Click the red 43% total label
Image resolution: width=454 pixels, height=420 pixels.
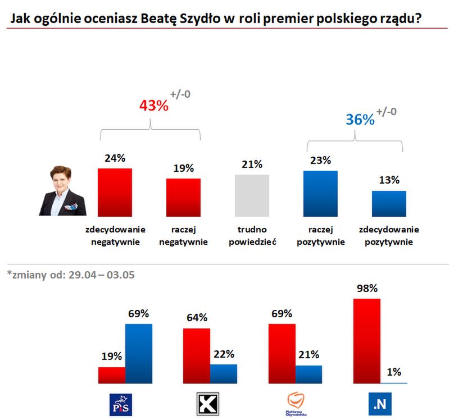click(x=153, y=105)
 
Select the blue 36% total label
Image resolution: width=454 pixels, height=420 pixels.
click(x=360, y=120)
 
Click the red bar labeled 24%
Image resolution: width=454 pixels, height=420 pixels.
click(x=115, y=191)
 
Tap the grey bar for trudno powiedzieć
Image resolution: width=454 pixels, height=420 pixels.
click(x=252, y=195)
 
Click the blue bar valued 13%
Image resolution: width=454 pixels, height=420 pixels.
click(x=389, y=203)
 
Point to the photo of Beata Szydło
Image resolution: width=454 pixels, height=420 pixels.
click(x=63, y=191)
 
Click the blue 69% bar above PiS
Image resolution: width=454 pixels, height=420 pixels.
click(x=138, y=354)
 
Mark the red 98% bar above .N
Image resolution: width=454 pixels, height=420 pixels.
click(x=366, y=341)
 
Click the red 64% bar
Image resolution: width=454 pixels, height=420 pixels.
click(x=197, y=355)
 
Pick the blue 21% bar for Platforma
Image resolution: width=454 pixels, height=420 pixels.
click(x=309, y=374)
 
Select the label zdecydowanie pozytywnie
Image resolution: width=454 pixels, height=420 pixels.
click(x=389, y=236)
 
